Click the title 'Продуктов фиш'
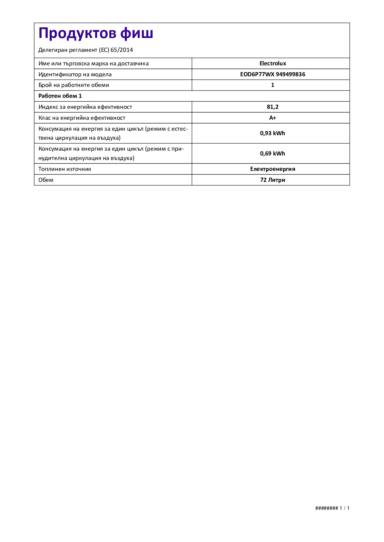pos(96,33)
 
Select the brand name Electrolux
pos(272,63)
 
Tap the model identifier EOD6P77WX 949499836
pos(272,74)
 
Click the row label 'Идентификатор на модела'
pos(75,74)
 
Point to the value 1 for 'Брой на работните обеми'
pos(272,85)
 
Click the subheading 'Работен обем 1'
pos(60,96)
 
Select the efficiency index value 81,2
pos(272,107)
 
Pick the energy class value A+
pos(272,118)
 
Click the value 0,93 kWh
pos(272,133)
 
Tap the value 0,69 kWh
pos(272,154)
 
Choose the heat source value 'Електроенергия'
pos(272,169)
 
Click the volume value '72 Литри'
pos(272,180)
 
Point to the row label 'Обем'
pos(46,180)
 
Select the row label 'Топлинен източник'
pos(65,169)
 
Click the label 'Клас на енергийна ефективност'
pos(82,118)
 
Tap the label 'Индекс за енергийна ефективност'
pos(85,107)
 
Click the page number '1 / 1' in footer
pos(344,508)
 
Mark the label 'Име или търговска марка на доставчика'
pos(94,63)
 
